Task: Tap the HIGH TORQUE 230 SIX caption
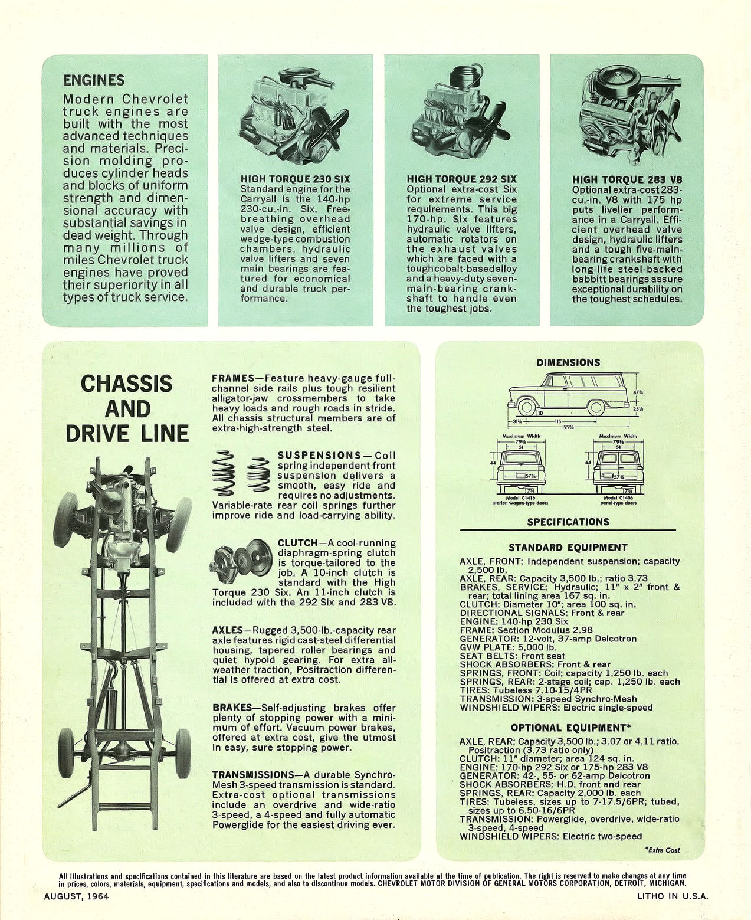(x=295, y=179)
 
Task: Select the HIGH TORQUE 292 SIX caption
(x=461, y=179)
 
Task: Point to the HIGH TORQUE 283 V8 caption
(x=627, y=179)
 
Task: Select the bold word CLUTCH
(x=296, y=542)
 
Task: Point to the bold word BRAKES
(x=232, y=708)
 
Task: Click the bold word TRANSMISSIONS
(x=253, y=775)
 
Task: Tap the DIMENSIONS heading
(x=568, y=362)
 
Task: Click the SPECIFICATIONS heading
(x=568, y=522)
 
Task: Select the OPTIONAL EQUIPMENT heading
(x=568, y=728)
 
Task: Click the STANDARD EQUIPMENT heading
(x=568, y=547)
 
